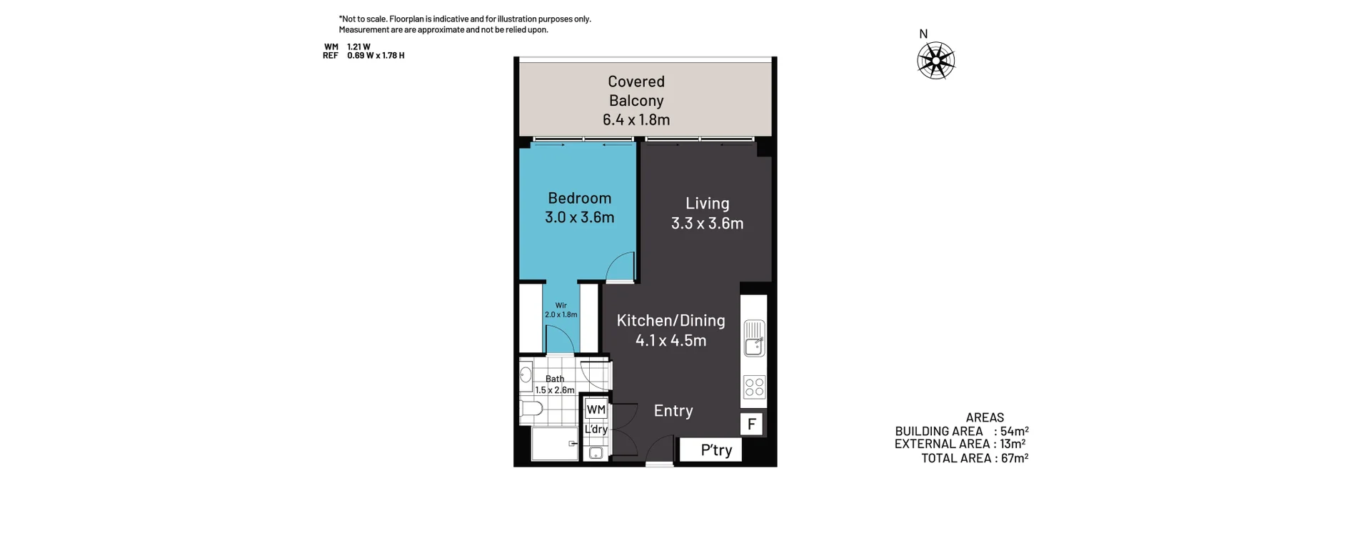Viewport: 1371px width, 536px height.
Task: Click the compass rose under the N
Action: [x=935, y=61]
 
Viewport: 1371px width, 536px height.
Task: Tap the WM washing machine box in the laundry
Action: [x=596, y=410]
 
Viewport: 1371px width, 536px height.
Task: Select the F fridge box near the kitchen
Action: [x=751, y=425]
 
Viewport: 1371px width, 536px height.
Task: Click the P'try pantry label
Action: [x=715, y=450]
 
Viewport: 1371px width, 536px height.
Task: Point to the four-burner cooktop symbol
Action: [x=754, y=387]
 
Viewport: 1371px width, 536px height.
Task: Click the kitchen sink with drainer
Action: [x=754, y=338]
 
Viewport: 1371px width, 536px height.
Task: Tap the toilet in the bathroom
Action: [x=531, y=409]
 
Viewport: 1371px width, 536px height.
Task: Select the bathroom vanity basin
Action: [x=526, y=373]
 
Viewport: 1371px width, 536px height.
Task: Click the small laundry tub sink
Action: [x=596, y=452]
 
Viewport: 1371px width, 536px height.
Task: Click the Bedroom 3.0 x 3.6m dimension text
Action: [x=579, y=217]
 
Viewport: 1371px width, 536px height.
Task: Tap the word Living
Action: [x=707, y=204]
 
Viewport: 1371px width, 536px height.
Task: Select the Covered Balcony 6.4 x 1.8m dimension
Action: [x=636, y=120]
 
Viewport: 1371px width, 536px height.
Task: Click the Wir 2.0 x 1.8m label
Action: [x=561, y=310]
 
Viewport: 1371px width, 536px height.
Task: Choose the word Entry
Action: [x=673, y=411]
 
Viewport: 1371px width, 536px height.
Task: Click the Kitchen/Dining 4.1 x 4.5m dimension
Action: [x=671, y=341]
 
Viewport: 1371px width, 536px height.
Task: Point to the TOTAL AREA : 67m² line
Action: [x=974, y=458]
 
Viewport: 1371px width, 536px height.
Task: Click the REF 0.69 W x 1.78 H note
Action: [x=363, y=56]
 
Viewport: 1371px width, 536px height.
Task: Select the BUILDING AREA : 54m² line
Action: [x=961, y=431]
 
